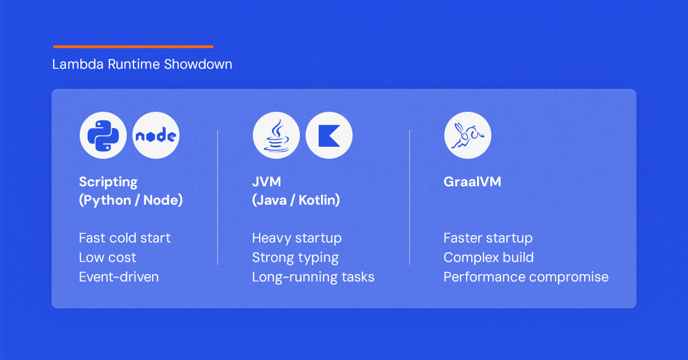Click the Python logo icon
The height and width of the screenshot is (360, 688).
pos(103,135)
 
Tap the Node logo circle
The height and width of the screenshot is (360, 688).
pos(156,135)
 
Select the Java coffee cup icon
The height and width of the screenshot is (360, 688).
pos(276,135)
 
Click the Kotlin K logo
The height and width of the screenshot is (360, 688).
pos(329,136)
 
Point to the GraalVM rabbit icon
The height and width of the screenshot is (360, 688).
pos(467,135)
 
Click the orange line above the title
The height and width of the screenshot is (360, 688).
pos(133,46)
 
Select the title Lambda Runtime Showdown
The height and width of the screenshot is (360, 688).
pos(142,64)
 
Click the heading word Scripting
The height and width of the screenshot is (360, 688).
pos(108,182)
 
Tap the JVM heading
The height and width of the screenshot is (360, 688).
pos(266,182)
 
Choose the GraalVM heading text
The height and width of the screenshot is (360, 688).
pos(472,182)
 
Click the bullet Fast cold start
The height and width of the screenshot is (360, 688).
pos(125,238)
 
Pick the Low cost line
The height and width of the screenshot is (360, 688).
pos(108,257)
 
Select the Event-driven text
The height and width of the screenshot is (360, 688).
pos(119,277)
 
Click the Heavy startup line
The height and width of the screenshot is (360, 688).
pos(297,238)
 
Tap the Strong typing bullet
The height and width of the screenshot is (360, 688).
pos(295,258)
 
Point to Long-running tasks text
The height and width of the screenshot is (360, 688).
pos(313,277)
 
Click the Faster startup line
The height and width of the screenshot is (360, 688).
pos(488,238)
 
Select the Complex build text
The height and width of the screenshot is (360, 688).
pos(488,258)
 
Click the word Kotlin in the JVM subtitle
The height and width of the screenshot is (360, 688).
pos(317,200)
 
